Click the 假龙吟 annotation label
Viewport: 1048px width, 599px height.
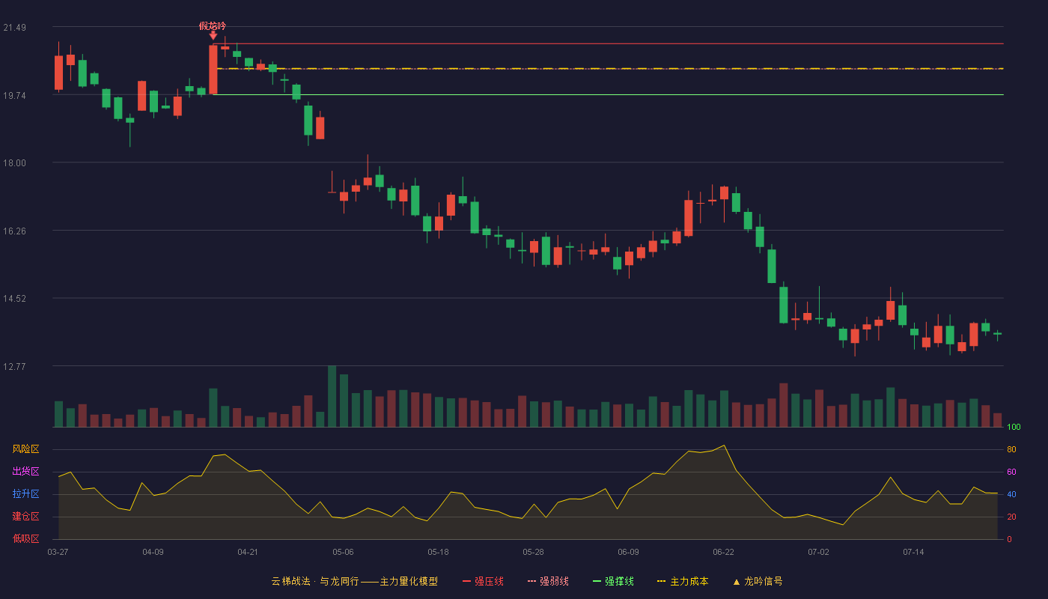point(213,25)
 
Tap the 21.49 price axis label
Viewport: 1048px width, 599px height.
point(14,28)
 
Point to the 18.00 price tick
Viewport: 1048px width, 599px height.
point(14,163)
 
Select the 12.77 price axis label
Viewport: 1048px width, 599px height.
point(14,367)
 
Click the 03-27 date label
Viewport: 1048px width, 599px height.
point(58,553)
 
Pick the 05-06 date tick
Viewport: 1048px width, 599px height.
point(343,553)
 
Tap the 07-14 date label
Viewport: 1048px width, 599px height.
point(913,553)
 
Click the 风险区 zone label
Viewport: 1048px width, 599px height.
point(25,449)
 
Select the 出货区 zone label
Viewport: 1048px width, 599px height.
point(25,471)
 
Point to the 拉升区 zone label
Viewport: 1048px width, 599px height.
point(25,493)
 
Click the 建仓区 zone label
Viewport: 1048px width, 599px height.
point(25,516)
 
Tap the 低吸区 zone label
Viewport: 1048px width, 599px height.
point(25,538)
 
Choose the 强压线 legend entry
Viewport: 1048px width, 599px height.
point(483,581)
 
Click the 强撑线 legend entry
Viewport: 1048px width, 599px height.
point(613,581)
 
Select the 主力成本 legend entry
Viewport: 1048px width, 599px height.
point(683,581)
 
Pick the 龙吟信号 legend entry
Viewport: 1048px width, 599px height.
point(758,581)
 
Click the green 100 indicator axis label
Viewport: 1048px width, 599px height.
point(1014,427)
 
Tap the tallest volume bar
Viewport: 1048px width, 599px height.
point(332,396)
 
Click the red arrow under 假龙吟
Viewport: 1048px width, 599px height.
point(213,36)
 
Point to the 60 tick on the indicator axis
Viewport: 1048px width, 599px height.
point(1011,472)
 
